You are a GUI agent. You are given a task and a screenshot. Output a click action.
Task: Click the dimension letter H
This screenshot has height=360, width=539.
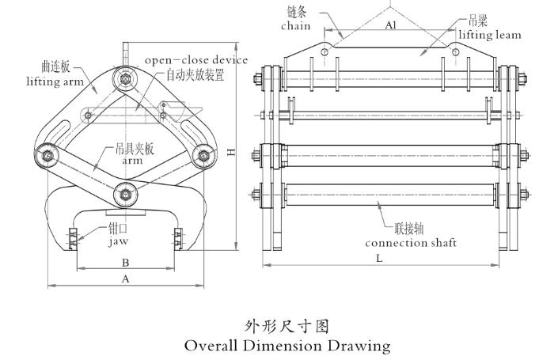click(231, 152)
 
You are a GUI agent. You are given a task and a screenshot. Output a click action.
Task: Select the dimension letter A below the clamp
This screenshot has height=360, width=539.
click(125, 278)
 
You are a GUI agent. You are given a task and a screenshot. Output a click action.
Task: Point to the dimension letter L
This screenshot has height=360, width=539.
click(380, 259)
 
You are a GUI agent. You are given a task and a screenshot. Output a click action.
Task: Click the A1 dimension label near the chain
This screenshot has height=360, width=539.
click(390, 25)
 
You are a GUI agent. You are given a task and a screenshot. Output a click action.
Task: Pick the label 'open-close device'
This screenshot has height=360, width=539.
click(195, 60)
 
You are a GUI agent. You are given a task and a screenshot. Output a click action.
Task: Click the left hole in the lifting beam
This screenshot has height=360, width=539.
click(325, 53)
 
